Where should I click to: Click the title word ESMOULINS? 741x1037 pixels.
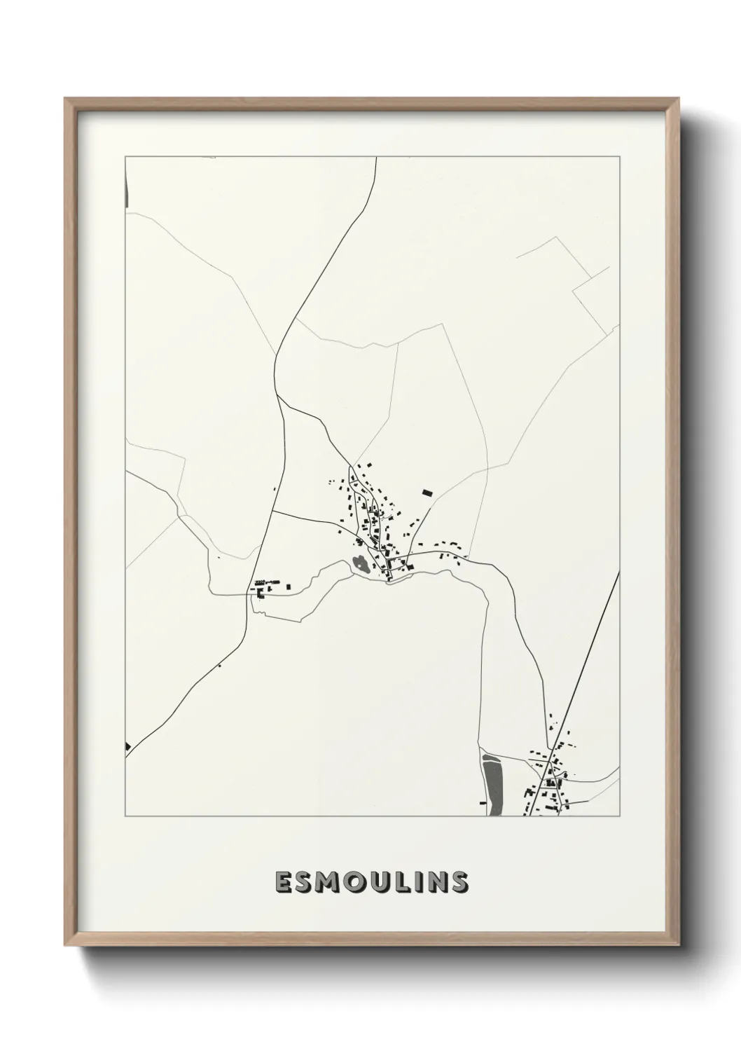pos(370,882)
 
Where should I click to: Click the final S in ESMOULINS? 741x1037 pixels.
pos(459,882)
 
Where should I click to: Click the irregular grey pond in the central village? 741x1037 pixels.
pos(360,563)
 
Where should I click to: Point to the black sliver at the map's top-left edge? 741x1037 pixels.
pos(126,191)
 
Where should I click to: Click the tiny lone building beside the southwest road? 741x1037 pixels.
pos(219,666)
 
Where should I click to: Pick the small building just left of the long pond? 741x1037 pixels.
pos(482,802)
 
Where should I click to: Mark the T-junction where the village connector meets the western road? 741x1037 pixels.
pos(272,512)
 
